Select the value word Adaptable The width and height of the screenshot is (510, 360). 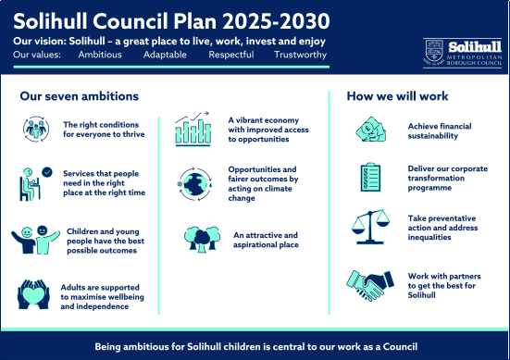[166, 56]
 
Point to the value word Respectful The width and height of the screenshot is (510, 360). [233, 56]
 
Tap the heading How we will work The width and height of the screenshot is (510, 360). [397, 96]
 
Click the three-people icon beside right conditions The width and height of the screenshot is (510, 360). [34, 130]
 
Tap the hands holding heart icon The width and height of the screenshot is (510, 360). [34, 293]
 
